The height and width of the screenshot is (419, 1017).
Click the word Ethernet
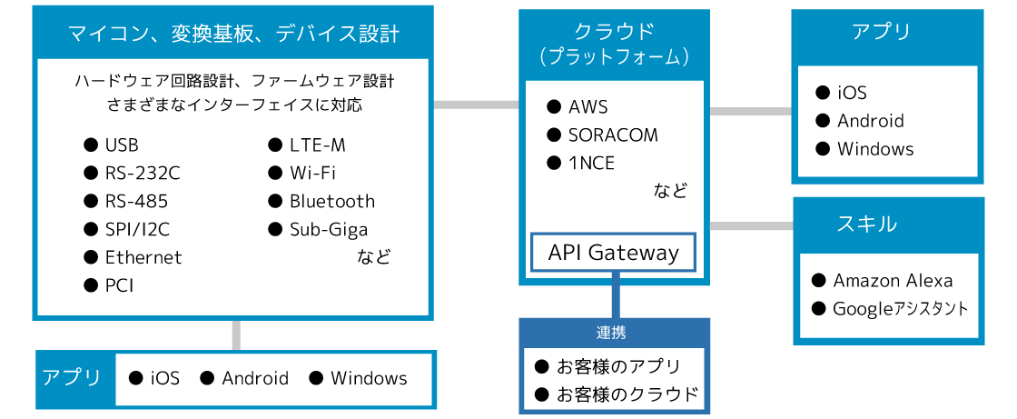click(143, 257)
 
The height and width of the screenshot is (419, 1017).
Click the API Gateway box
click(614, 252)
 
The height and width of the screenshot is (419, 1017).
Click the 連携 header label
click(611, 333)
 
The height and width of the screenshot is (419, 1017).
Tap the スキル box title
click(867, 224)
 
